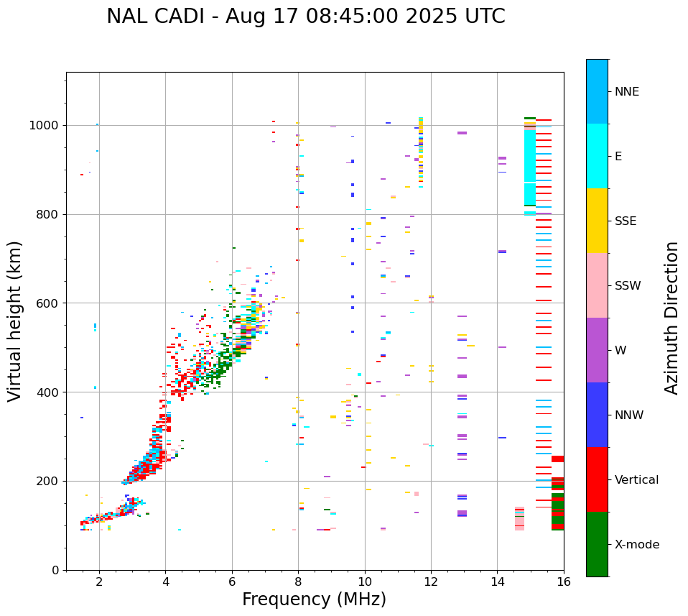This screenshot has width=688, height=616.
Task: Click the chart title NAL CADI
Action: [x=305, y=17]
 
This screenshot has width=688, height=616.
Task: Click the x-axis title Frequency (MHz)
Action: [x=314, y=599]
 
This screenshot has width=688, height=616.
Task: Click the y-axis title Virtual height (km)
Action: [x=16, y=321]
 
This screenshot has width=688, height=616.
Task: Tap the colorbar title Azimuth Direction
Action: [x=671, y=318]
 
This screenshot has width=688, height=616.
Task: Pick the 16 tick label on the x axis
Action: [x=564, y=581]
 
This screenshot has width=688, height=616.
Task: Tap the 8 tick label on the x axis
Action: [x=298, y=581]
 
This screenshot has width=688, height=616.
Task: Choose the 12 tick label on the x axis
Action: [x=431, y=581]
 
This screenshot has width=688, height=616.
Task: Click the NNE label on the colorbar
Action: [x=626, y=92]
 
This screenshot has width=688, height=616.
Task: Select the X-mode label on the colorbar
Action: [x=636, y=545]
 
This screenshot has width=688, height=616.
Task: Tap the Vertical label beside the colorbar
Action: [x=636, y=480]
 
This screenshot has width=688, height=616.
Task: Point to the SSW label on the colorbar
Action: [x=628, y=286]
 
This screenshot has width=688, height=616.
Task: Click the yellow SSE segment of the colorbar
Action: [x=597, y=221]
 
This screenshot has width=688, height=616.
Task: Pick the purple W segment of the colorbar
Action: [x=597, y=350]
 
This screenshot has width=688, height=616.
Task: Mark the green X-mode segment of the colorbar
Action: [x=597, y=544]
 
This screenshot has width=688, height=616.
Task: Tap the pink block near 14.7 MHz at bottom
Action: [x=519, y=519]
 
